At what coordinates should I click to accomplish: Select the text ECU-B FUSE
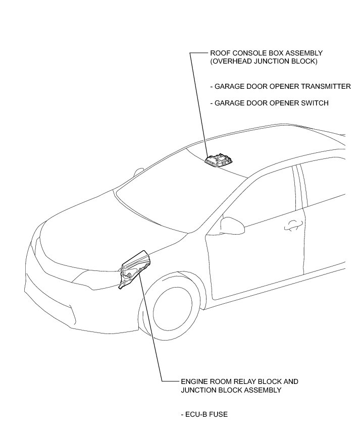point(204,415)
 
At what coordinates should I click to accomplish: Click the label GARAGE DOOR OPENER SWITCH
point(270,103)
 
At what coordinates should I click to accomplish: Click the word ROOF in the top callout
point(220,53)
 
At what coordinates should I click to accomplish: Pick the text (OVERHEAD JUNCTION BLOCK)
point(264,62)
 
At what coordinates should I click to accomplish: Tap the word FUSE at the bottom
point(218,415)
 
